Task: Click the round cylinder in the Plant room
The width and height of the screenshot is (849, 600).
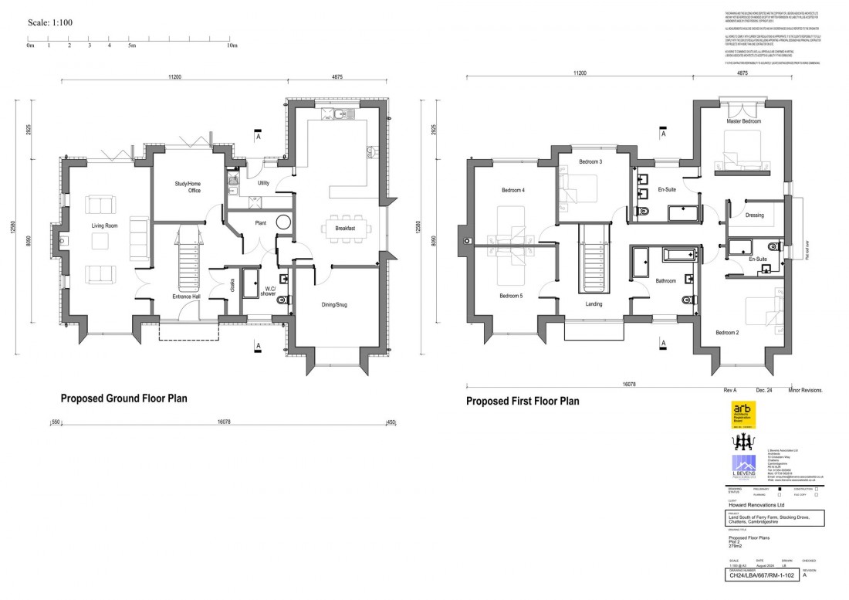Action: (x=284, y=222)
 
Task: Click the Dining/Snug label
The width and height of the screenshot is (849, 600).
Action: (x=334, y=305)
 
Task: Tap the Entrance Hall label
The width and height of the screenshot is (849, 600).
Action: (x=185, y=297)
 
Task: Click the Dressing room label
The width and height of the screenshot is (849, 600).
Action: (x=754, y=215)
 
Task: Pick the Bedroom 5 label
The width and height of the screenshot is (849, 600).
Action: (x=511, y=296)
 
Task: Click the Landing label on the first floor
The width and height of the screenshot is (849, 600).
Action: (x=593, y=303)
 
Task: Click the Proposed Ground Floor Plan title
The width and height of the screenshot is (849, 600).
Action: (x=123, y=398)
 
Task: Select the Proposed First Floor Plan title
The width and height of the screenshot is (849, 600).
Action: (x=522, y=402)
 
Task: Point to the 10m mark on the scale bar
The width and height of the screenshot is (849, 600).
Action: (x=232, y=46)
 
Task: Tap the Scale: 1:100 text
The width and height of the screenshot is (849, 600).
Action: (x=50, y=22)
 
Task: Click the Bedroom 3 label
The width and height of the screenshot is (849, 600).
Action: (x=590, y=161)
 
